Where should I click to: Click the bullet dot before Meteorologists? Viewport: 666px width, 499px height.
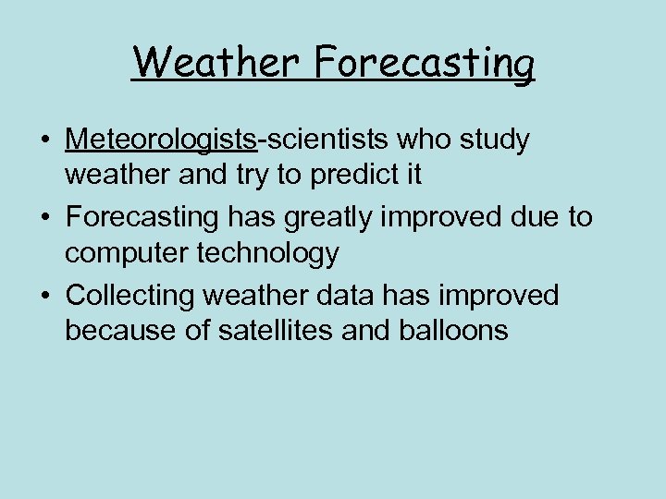[44, 141]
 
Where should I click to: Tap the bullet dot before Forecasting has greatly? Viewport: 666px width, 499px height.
[44, 219]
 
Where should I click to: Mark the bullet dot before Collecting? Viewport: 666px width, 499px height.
[44, 297]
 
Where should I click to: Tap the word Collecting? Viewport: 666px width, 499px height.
[132, 296]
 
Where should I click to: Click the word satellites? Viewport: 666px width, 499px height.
[264, 328]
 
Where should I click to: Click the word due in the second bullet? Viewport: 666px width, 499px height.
[535, 218]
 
